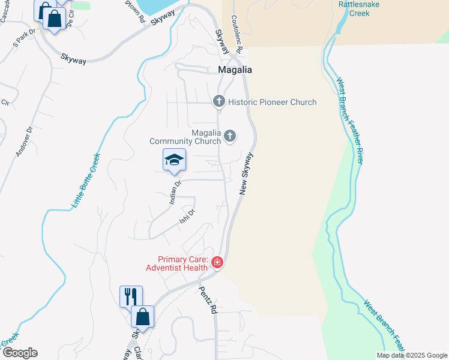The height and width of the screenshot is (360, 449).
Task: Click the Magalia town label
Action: tap(234, 70)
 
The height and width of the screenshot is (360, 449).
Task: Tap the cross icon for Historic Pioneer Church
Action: tap(218, 101)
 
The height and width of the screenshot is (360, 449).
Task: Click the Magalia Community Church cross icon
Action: tap(229, 137)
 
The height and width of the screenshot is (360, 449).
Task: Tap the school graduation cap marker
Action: tap(174, 160)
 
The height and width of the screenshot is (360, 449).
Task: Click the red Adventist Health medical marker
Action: tap(217, 263)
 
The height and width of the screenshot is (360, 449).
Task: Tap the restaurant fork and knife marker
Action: tap(131, 296)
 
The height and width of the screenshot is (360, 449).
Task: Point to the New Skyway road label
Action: tap(246, 173)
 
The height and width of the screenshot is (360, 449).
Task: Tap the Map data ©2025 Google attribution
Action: tap(412, 355)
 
